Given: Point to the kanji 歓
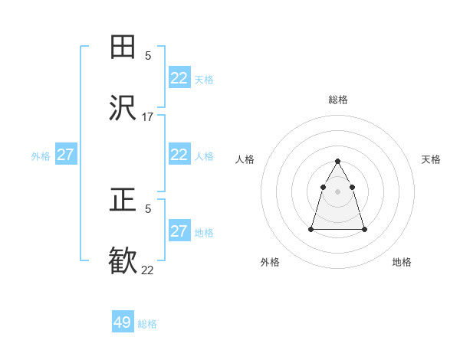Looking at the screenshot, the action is (x=123, y=261).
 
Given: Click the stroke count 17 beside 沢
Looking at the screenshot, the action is (x=148, y=117).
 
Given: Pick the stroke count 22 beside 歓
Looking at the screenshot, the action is (x=148, y=270).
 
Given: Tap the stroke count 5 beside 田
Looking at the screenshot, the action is (x=148, y=55).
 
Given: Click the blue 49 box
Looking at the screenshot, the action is (x=123, y=322).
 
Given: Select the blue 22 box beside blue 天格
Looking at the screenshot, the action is (x=179, y=78).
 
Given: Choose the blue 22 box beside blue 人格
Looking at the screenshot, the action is (x=179, y=155).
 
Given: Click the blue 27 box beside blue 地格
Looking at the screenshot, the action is (x=179, y=231).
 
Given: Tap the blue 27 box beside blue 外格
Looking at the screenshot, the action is (x=66, y=155).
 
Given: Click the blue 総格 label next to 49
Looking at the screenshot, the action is (x=148, y=324).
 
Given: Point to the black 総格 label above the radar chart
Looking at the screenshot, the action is (x=338, y=100).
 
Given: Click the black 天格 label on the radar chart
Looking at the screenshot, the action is (x=431, y=159).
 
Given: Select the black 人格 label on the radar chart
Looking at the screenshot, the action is (x=245, y=159).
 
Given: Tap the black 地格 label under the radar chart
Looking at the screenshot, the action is (x=402, y=263).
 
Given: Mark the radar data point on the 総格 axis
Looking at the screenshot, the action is (x=338, y=161).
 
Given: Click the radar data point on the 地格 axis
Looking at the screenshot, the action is (x=364, y=229).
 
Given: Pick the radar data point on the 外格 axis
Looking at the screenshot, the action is (x=311, y=229).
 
